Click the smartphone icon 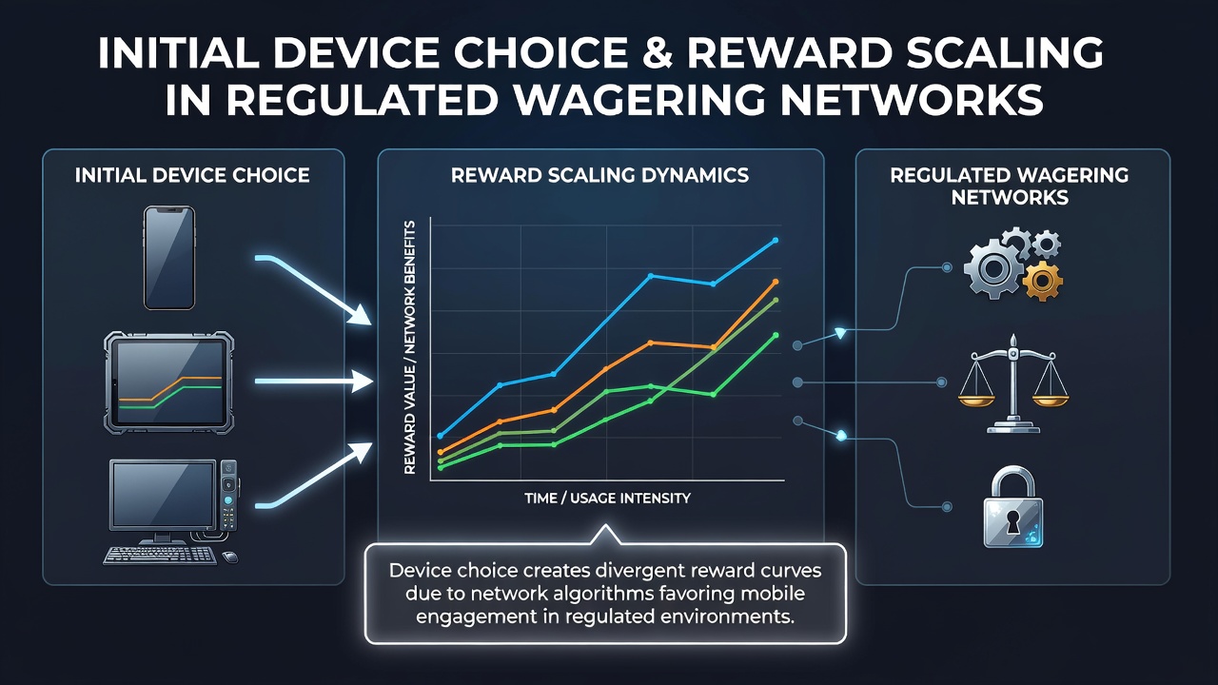[x=169, y=258]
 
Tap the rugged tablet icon [x=169, y=382]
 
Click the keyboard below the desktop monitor [x=160, y=555]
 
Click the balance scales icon [x=1013, y=383]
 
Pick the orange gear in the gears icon [x=1042, y=281]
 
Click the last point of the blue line [x=776, y=240]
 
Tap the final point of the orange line [x=776, y=282]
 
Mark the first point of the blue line [x=441, y=436]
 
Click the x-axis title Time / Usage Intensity [x=607, y=498]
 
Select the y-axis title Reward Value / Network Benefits [x=410, y=347]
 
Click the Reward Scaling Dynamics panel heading [x=599, y=175]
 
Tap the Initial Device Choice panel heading [x=192, y=175]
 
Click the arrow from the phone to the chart [x=314, y=286]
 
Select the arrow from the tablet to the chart [x=314, y=382]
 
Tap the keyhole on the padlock [x=1012, y=522]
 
